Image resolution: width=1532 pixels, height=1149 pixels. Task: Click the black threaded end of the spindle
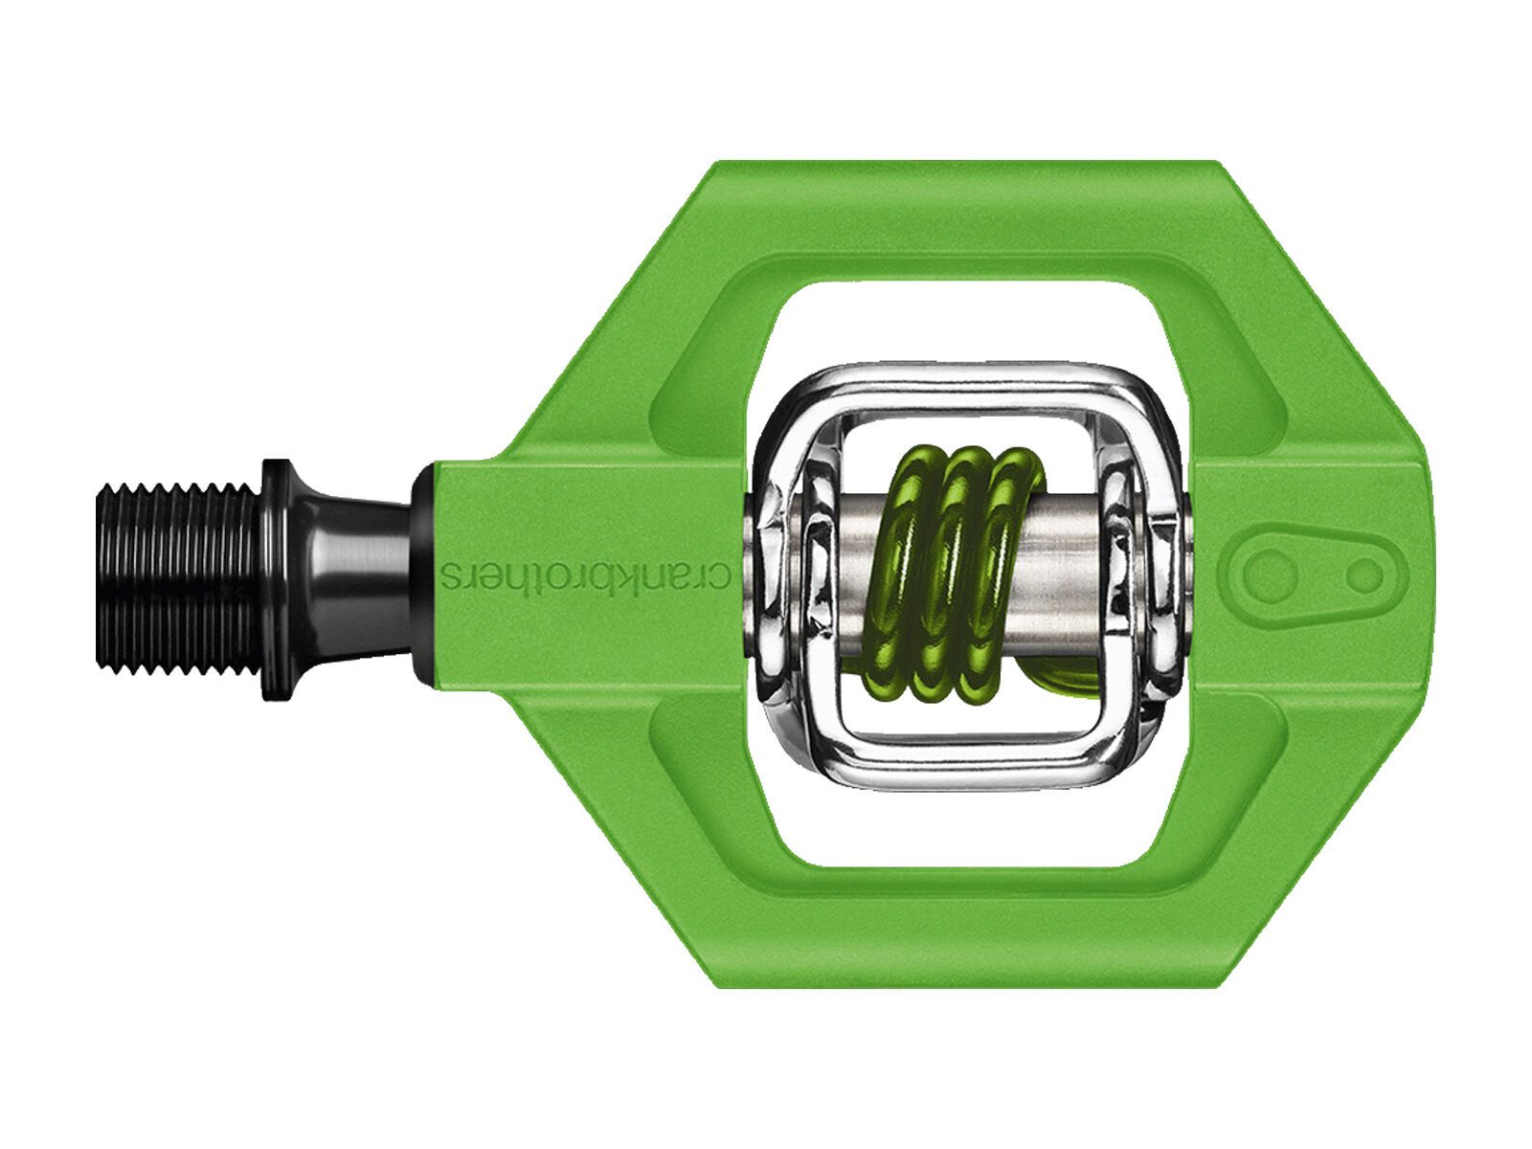pos(177,574)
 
